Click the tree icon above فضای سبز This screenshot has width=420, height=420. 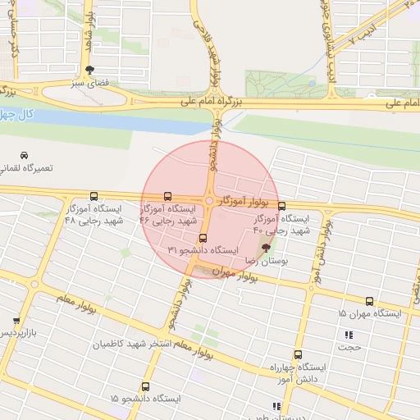(89, 70)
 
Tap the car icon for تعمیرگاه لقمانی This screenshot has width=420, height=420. (24, 155)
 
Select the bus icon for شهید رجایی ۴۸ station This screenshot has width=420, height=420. (94, 197)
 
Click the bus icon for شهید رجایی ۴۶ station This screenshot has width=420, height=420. (168, 197)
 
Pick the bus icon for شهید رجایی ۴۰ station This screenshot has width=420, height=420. (282, 207)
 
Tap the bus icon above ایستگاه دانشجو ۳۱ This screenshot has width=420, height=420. (203, 239)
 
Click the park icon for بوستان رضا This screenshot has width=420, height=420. (265, 247)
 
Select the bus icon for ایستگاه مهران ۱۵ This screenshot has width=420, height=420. (369, 302)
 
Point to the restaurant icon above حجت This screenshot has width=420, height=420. (349, 335)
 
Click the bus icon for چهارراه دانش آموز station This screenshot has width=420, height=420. (297, 355)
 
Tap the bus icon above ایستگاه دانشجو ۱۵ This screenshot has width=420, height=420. (145, 386)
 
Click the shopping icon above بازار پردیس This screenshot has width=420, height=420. (16, 321)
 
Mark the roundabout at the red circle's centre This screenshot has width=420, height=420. (210, 199)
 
